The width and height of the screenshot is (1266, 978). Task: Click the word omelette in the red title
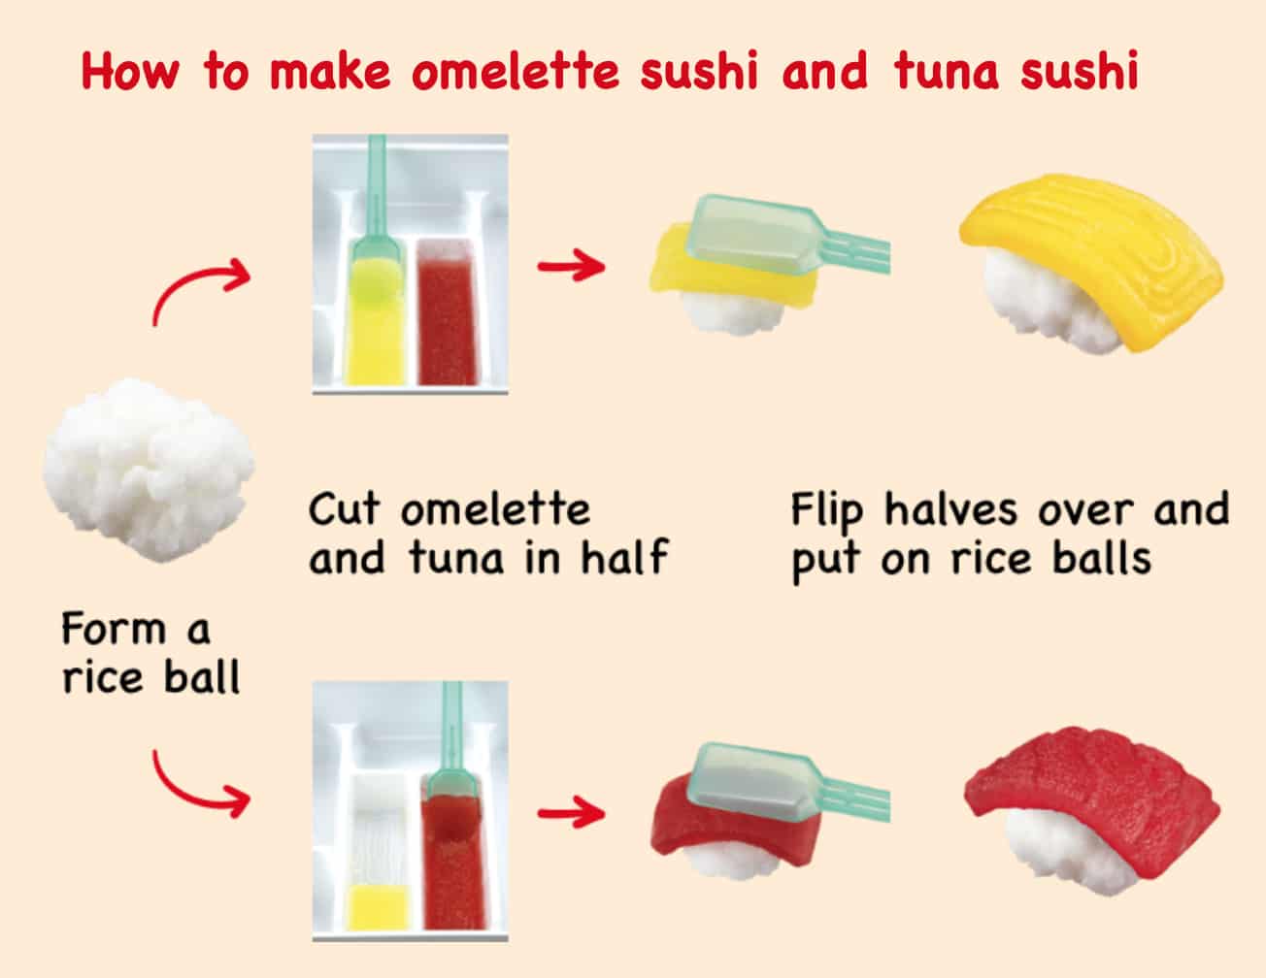(515, 71)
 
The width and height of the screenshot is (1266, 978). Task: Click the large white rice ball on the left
(149, 470)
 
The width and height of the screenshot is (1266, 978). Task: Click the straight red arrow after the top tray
(572, 267)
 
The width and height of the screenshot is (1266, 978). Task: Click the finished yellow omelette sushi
(1090, 265)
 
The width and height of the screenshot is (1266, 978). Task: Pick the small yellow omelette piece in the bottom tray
(380, 906)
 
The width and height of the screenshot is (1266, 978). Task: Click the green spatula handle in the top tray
(377, 186)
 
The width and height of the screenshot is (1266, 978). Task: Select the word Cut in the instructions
(344, 508)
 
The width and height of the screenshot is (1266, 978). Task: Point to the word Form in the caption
(113, 629)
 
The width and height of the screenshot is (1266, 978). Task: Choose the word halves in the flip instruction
(950, 508)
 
